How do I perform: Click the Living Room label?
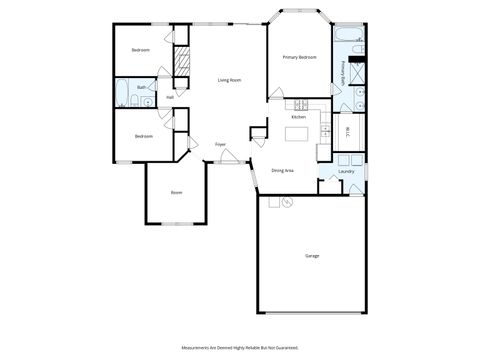(x=230, y=80)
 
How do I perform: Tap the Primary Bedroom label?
(x=299, y=58)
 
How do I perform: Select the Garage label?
(x=312, y=257)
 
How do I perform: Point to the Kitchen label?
(x=298, y=117)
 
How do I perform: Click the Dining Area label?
(x=282, y=171)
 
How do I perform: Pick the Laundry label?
(x=347, y=171)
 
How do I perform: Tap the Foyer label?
(x=220, y=144)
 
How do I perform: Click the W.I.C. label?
(x=347, y=130)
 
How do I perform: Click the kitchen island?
(x=297, y=133)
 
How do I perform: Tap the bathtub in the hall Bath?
(x=123, y=94)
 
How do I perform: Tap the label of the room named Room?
(x=176, y=192)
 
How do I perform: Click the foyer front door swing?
(x=230, y=156)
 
